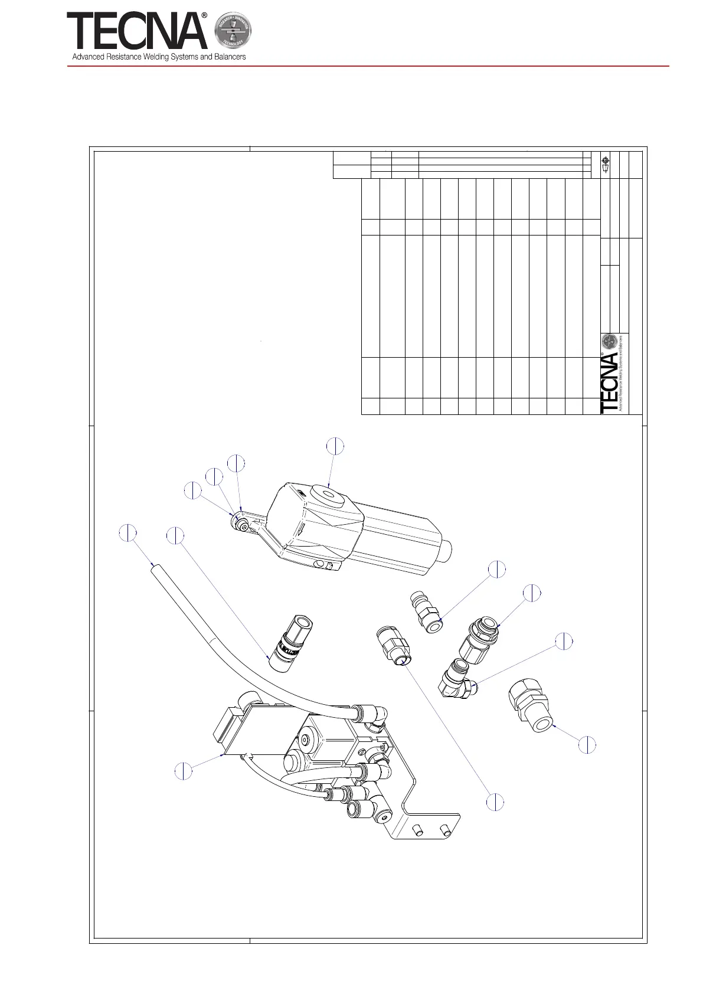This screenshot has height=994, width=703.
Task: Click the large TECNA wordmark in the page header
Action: pyautogui.click(x=137, y=32)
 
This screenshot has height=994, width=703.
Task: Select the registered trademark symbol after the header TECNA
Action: pyautogui.click(x=204, y=17)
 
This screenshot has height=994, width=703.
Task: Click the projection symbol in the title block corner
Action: pyautogui.click(x=605, y=164)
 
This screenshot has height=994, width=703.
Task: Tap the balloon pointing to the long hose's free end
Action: pyautogui.click(x=128, y=532)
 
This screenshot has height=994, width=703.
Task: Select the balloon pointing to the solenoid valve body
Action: pyautogui.click(x=184, y=771)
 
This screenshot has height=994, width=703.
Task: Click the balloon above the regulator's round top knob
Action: pyautogui.click(x=335, y=446)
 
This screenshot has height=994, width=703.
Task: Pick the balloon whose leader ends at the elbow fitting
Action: pyautogui.click(x=565, y=641)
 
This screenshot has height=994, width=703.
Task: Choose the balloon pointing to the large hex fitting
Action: pyautogui.click(x=587, y=745)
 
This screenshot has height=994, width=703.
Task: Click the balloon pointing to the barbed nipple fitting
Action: pyautogui.click(x=497, y=569)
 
